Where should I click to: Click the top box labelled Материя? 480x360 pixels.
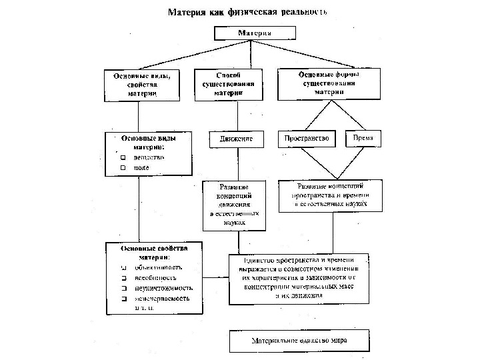click(x=245, y=33)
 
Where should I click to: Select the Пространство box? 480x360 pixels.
click(x=307, y=139)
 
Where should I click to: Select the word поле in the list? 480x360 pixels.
click(x=141, y=168)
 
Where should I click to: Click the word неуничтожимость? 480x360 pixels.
click(x=164, y=288)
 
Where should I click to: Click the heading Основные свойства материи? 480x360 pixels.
click(x=154, y=251)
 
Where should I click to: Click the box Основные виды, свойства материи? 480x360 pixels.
click(x=142, y=85)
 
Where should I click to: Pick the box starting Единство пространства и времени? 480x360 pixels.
click(x=299, y=277)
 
